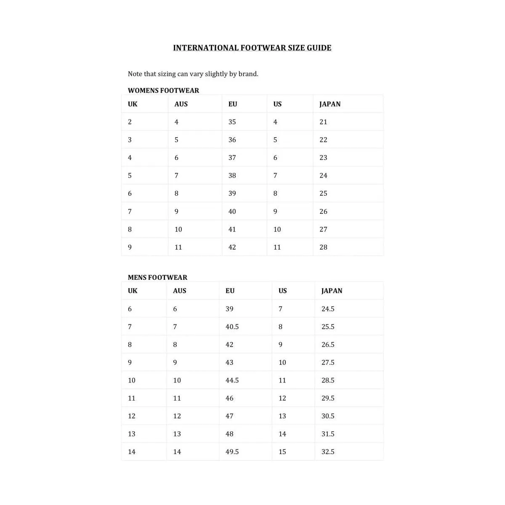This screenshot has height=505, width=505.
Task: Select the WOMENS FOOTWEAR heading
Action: (163, 90)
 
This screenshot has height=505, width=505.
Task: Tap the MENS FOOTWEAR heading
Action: (157, 277)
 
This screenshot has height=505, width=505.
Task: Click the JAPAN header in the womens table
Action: (330, 104)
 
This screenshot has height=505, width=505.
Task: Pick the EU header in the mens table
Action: (230, 291)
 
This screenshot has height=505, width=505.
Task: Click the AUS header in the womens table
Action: (181, 104)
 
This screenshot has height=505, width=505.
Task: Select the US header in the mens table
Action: (282, 291)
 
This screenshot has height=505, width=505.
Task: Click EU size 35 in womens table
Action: (232, 122)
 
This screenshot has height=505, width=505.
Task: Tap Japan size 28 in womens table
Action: (323, 247)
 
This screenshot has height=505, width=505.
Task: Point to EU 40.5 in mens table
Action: (232, 327)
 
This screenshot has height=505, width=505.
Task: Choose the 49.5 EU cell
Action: (232, 452)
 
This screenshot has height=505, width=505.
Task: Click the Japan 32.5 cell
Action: (328, 452)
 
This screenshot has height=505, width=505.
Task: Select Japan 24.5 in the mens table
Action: (328, 309)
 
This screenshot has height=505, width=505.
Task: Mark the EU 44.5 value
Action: (232, 380)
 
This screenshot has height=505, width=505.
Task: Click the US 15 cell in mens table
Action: (282, 452)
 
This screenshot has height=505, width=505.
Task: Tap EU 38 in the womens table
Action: (232, 175)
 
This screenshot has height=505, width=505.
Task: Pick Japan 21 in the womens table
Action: (323, 122)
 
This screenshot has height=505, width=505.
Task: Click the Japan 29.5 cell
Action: (328, 398)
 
